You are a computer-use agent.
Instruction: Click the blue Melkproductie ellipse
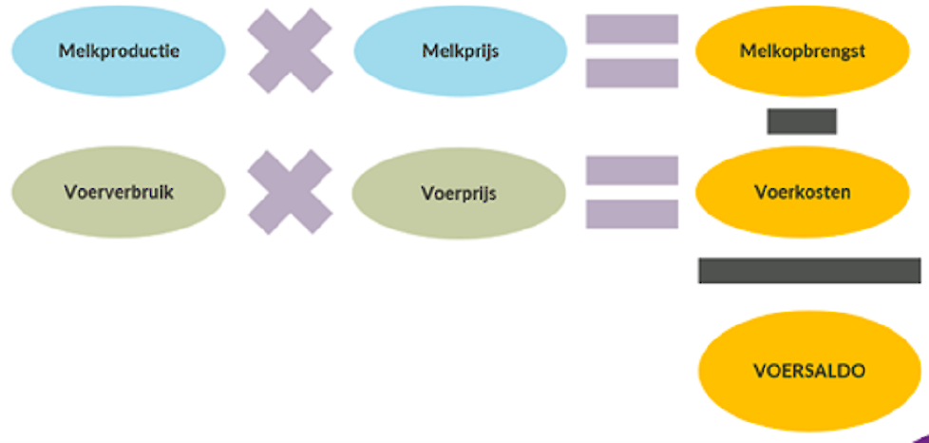tap(119, 51)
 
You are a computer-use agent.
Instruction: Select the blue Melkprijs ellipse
tap(460, 51)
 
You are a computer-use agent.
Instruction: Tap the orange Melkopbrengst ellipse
tap(802, 51)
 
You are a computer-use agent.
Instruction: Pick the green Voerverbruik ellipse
tap(119, 192)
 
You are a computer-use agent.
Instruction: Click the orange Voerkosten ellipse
tap(802, 192)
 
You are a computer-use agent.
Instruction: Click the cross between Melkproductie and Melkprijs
tap(291, 51)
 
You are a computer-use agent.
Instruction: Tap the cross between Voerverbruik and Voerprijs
tap(291, 192)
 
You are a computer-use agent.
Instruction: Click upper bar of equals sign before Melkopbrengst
tap(632, 29)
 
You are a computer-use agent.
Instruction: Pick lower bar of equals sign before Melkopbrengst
tap(632, 73)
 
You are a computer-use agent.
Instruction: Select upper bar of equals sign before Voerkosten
tap(632, 170)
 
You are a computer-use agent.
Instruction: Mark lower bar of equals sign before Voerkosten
tap(632, 214)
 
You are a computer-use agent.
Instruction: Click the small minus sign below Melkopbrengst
tap(802, 122)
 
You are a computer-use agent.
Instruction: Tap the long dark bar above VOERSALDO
tap(809, 270)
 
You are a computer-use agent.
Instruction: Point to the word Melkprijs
tap(460, 51)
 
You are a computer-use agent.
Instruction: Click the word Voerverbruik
tap(119, 192)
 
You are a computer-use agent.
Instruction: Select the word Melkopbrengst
tap(802, 51)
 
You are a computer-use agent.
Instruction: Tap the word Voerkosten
tap(802, 192)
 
